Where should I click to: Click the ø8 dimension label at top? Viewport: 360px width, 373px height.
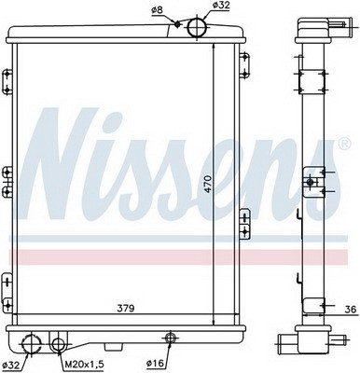click(x=157, y=10)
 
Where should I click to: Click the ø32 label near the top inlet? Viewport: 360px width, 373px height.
click(x=221, y=6)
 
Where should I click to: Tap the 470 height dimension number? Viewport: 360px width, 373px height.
click(x=208, y=184)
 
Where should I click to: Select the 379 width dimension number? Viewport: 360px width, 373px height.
click(x=126, y=309)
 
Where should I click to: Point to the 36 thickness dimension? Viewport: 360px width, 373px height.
click(x=350, y=310)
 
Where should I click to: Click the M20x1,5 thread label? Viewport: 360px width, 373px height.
click(x=84, y=364)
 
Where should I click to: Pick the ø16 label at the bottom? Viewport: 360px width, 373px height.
click(x=155, y=363)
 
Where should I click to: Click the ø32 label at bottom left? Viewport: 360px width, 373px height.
click(x=10, y=365)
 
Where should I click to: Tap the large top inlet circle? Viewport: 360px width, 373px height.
click(x=197, y=28)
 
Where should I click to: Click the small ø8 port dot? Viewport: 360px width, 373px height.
click(x=177, y=24)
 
